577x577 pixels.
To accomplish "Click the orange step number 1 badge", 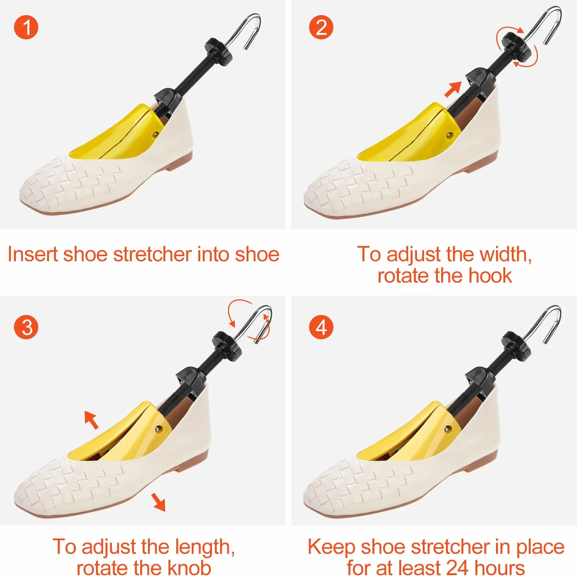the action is point(26,27).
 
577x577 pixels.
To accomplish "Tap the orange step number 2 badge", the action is point(321,27).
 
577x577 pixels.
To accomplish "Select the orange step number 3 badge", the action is point(26,327).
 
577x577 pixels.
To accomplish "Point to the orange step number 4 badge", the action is point(321,327).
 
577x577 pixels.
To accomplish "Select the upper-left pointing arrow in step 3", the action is point(91,420).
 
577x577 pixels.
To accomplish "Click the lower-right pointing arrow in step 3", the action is point(159,502).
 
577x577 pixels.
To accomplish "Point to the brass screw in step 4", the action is point(448,429).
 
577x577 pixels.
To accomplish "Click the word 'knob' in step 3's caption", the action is point(190,568).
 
